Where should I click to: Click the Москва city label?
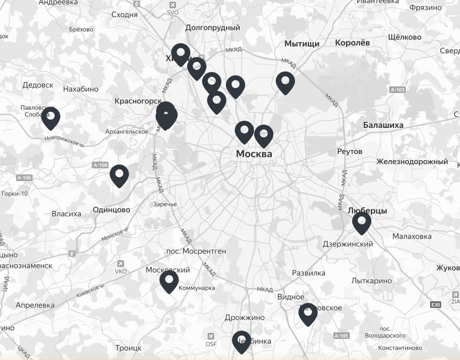point(254,153)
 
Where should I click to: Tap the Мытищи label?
point(302,43)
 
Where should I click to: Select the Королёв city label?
point(352,42)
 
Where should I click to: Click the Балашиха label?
point(383,125)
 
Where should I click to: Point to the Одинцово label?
point(111,209)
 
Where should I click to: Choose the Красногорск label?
point(137,101)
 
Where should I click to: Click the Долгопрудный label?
point(213,27)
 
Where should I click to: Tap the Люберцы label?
point(367,210)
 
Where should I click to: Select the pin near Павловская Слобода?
point(50,117)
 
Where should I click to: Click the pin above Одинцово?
point(119,175)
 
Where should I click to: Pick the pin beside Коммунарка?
point(169,281)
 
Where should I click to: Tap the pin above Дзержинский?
point(361,222)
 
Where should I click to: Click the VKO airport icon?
point(121,264)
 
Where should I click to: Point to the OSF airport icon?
point(211,336)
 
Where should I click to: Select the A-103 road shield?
point(397,90)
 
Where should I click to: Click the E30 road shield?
point(436,305)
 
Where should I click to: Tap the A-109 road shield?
point(100,165)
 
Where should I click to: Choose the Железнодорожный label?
point(412,161)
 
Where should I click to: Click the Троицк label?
point(128,348)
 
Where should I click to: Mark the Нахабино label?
point(81,89)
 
